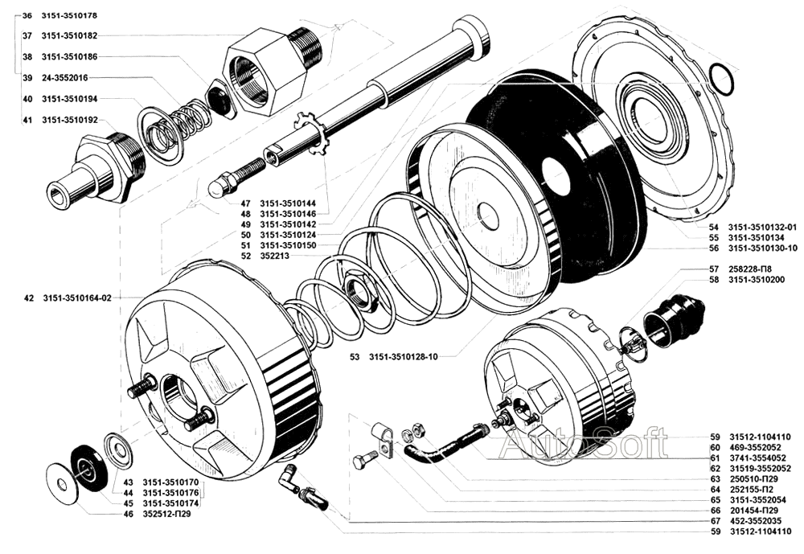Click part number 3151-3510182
point(70,36)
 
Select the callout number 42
point(29,298)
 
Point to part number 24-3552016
point(65,78)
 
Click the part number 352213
point(274,256)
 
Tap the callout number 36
point(27,15)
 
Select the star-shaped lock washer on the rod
point(312,135)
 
